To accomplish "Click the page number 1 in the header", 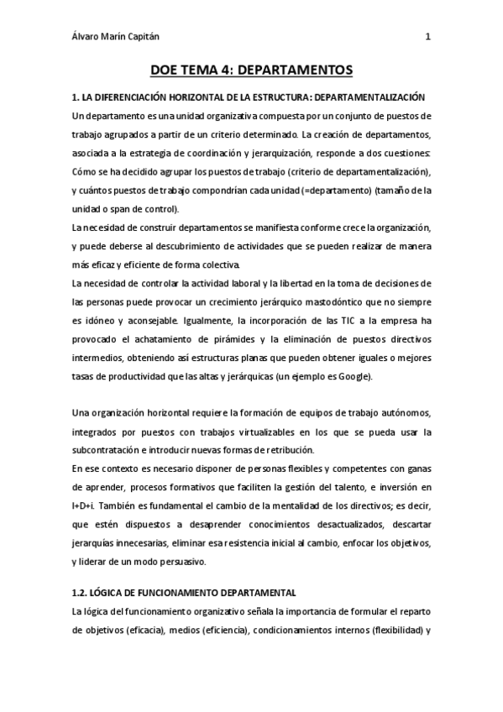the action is pyautogui.click(x=427, y=36).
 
